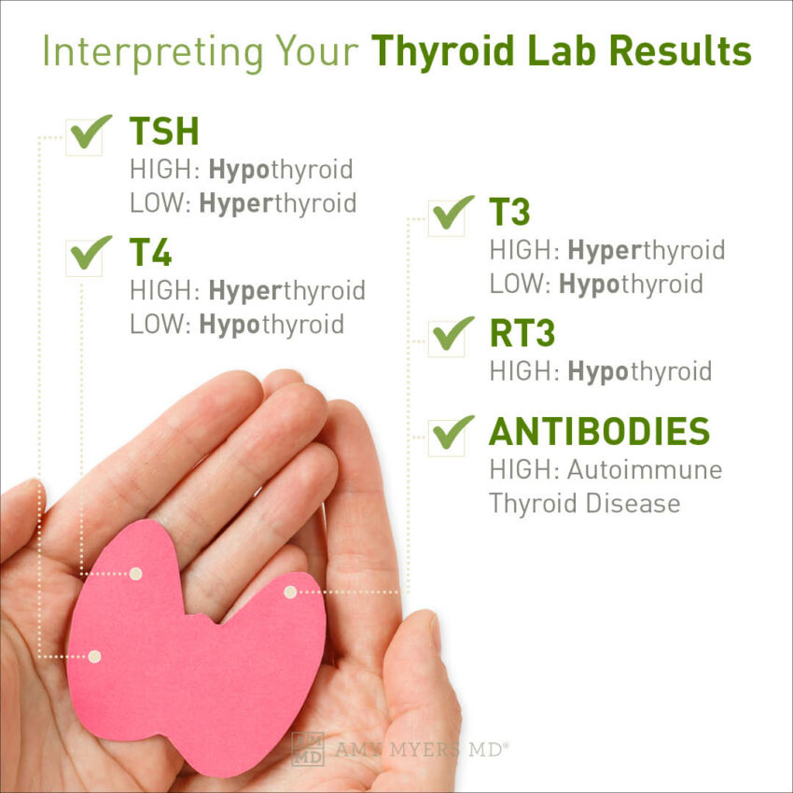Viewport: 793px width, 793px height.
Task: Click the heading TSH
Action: pos(164,132)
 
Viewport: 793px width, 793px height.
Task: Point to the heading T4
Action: pos(150,253)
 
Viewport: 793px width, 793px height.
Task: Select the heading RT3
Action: pos(522,333)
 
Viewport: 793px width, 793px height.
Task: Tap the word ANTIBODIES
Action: pos(599,431)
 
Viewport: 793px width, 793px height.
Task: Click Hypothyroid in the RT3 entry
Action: pos(639,370)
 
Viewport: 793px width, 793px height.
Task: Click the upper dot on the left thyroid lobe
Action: pos(135,574)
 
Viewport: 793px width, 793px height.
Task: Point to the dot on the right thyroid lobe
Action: pos(290,591)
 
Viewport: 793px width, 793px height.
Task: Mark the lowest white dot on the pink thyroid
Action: pos(93,657)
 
